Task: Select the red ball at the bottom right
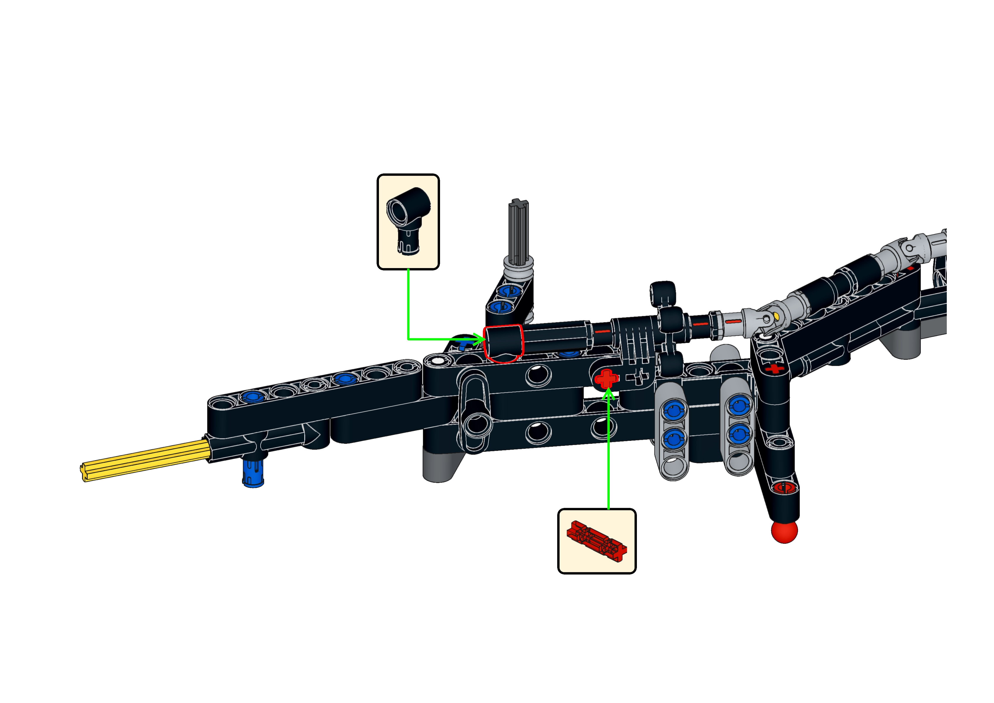[784, 532]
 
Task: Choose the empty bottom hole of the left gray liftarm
[674, 467]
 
